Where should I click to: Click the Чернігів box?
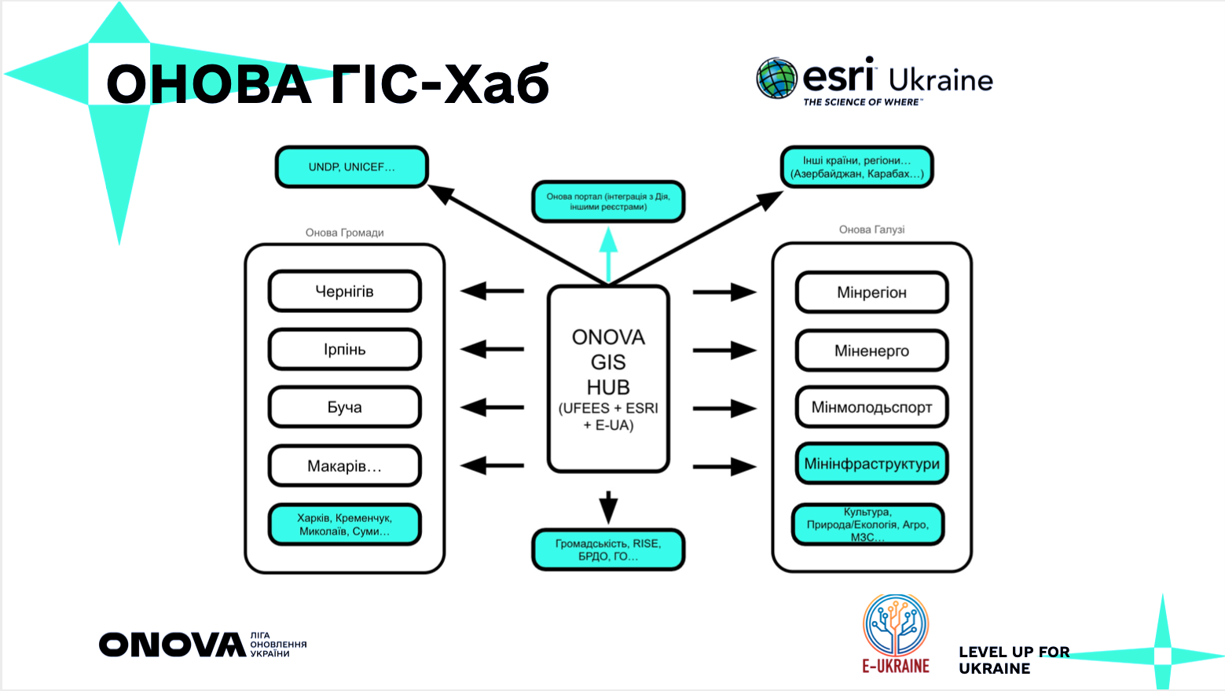[x=344, y=292]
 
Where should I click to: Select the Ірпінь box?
[x=344, y=350]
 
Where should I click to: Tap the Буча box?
[x=344, y=407]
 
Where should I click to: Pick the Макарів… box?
[x=344, y=466]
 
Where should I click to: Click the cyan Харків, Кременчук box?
[x=344, y=524]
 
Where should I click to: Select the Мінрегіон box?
[x=871, y=292]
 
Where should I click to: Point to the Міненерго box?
[x=871, y=351]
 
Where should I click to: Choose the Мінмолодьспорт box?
[x=871, y=407]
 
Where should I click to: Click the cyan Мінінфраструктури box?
[x=871, y=464]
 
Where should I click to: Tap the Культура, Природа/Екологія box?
[x=867, y=524]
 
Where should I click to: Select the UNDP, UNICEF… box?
[x=351, y=167]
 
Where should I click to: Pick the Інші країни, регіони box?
[x=856, y=167]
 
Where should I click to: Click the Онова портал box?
[x=608, y=202]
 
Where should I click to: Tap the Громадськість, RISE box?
[x=608, y=549]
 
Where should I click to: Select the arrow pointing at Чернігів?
[x=492, y=291]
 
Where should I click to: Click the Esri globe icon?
[x=776, y=79]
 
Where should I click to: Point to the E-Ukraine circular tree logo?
[x=896, y=625]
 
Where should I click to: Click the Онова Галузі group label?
[x=871, y=230]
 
